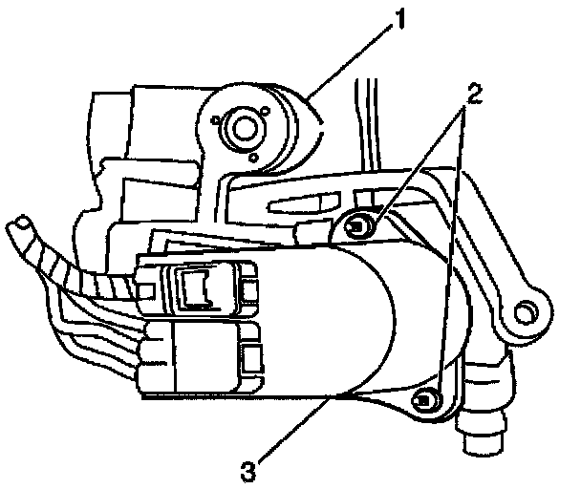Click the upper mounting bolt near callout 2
click(355, 226)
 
